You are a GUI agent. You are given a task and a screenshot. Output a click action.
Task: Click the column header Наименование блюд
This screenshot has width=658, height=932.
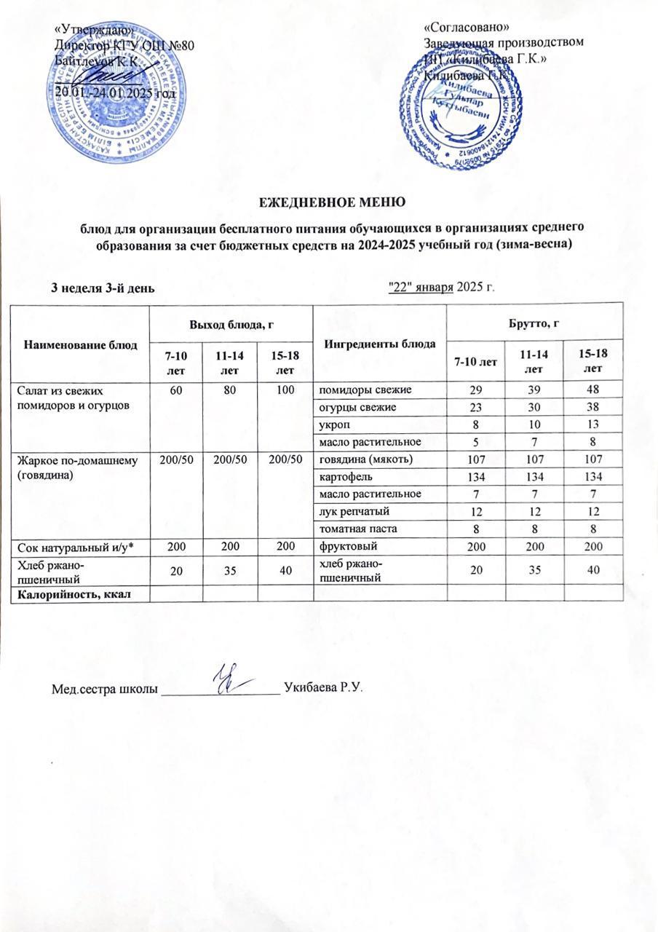[x=82, y=344]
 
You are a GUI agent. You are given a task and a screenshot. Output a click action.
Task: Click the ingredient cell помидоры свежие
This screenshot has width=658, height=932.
[x=362, y=390]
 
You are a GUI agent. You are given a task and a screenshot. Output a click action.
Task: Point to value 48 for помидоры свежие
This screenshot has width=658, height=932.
[x=595, y=390]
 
